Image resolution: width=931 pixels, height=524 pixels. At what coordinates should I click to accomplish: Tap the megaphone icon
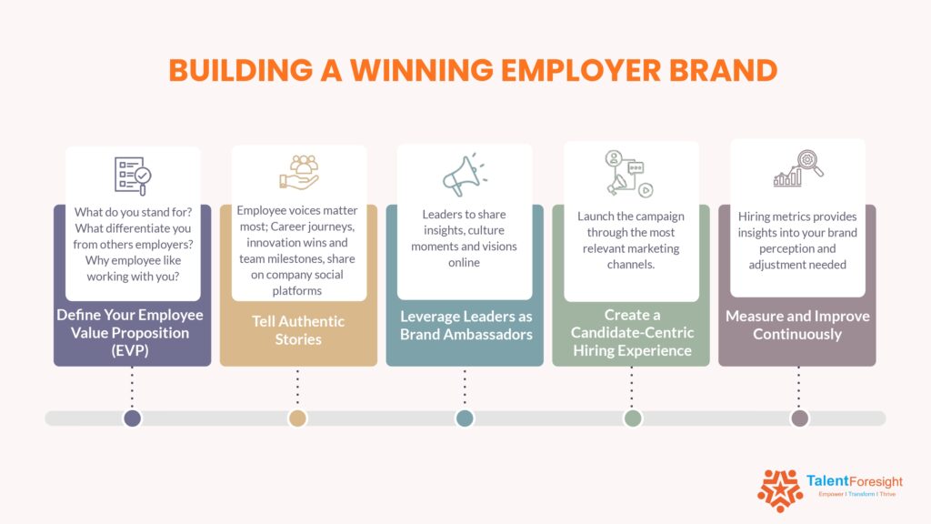click(464, 175)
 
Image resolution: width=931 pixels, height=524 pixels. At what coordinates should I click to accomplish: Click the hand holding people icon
click(298, 173)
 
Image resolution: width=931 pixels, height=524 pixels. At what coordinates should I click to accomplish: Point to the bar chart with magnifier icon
click(798, 169)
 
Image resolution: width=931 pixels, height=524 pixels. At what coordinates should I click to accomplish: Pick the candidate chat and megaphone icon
click(631, 173)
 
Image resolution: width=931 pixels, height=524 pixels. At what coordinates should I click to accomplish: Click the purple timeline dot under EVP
click(133, 418)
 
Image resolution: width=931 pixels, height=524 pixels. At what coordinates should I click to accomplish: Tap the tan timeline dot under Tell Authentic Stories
click(297, 418)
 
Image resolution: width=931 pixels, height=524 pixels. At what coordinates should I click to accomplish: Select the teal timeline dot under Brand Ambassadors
click(465, 418)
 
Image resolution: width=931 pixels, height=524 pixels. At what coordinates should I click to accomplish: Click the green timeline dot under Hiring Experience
click(633, 418)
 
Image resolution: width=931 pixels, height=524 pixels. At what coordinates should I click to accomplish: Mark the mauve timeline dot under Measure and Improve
click(799, 418)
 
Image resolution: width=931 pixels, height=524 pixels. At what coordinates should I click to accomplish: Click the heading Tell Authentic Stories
click(298, 329)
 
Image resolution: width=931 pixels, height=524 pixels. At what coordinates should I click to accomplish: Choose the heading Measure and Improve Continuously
click(797, 325)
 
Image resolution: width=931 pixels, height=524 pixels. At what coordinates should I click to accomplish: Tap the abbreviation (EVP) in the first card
click(132, 349)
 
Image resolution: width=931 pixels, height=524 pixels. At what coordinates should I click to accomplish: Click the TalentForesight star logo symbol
click(779, 490)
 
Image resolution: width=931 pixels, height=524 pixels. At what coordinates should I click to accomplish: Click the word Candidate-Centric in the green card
click(631, 333)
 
